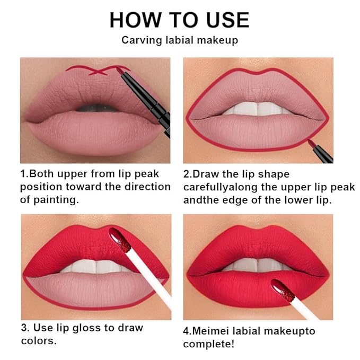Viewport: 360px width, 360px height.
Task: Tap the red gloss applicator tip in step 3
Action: [x=122, y=240]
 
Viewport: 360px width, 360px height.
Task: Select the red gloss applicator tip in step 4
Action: [x=283, y=290]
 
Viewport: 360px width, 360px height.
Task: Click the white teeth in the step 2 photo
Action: [x=257, y=108]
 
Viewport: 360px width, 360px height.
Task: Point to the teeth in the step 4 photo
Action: [x=254, y=264]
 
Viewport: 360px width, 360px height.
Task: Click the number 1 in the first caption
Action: [x=23, y=173]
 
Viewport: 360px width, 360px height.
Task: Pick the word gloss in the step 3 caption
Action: [x=94, y=328]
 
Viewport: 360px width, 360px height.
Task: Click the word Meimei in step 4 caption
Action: [x=212, y=331]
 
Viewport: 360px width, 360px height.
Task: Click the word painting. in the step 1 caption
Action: [x=58, y=200]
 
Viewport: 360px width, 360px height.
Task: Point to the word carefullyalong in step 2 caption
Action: [x=223, y=187]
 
